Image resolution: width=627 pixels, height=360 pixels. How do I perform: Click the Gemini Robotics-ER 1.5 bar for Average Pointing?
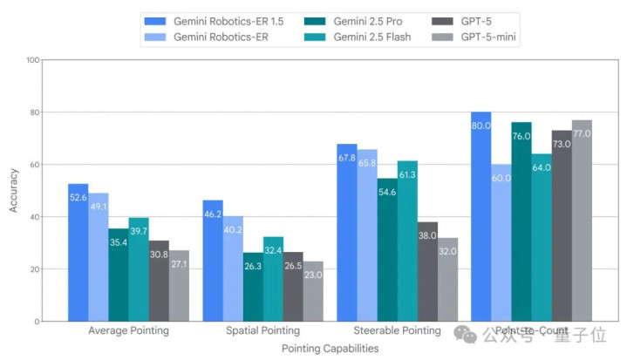click(78, 253)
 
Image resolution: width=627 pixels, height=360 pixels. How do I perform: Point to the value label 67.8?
click(346, 158)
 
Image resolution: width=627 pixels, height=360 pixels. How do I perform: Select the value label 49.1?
click(99, 207)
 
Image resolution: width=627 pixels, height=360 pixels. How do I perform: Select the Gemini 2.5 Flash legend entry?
click(362, 37)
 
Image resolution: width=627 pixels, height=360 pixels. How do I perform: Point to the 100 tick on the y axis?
click(32, 60)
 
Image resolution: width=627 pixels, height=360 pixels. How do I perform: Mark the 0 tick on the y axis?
click(36, 322)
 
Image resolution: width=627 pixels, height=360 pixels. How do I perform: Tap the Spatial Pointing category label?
click(263, 331)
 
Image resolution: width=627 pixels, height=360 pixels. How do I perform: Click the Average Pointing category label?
click(129, 331)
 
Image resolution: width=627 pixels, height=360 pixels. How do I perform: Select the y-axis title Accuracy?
click(13, 190)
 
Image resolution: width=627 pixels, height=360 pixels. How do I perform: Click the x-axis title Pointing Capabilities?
click(330, 348)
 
